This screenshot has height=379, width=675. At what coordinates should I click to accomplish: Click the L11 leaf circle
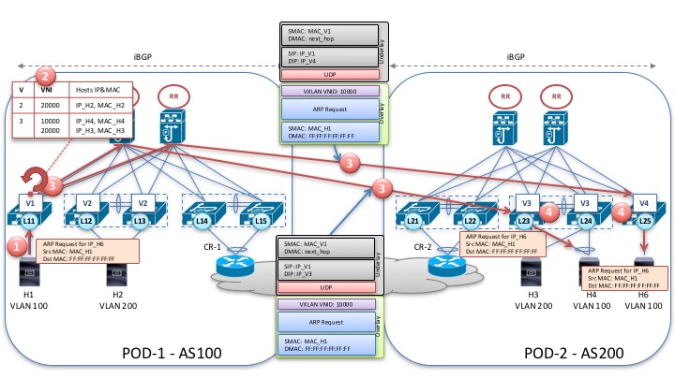point(29,220)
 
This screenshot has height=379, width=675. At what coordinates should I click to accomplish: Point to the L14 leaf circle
point(202,220)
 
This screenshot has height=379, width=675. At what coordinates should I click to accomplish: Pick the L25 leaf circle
point(643,220)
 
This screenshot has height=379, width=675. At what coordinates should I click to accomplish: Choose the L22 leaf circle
point(471,220)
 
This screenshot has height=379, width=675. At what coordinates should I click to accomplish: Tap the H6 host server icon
point(644,270)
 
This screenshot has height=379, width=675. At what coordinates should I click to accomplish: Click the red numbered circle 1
point(13,246)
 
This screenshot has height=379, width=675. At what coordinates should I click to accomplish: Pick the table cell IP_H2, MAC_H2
point(98,108)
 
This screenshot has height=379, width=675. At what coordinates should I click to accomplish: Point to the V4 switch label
point(643,201)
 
